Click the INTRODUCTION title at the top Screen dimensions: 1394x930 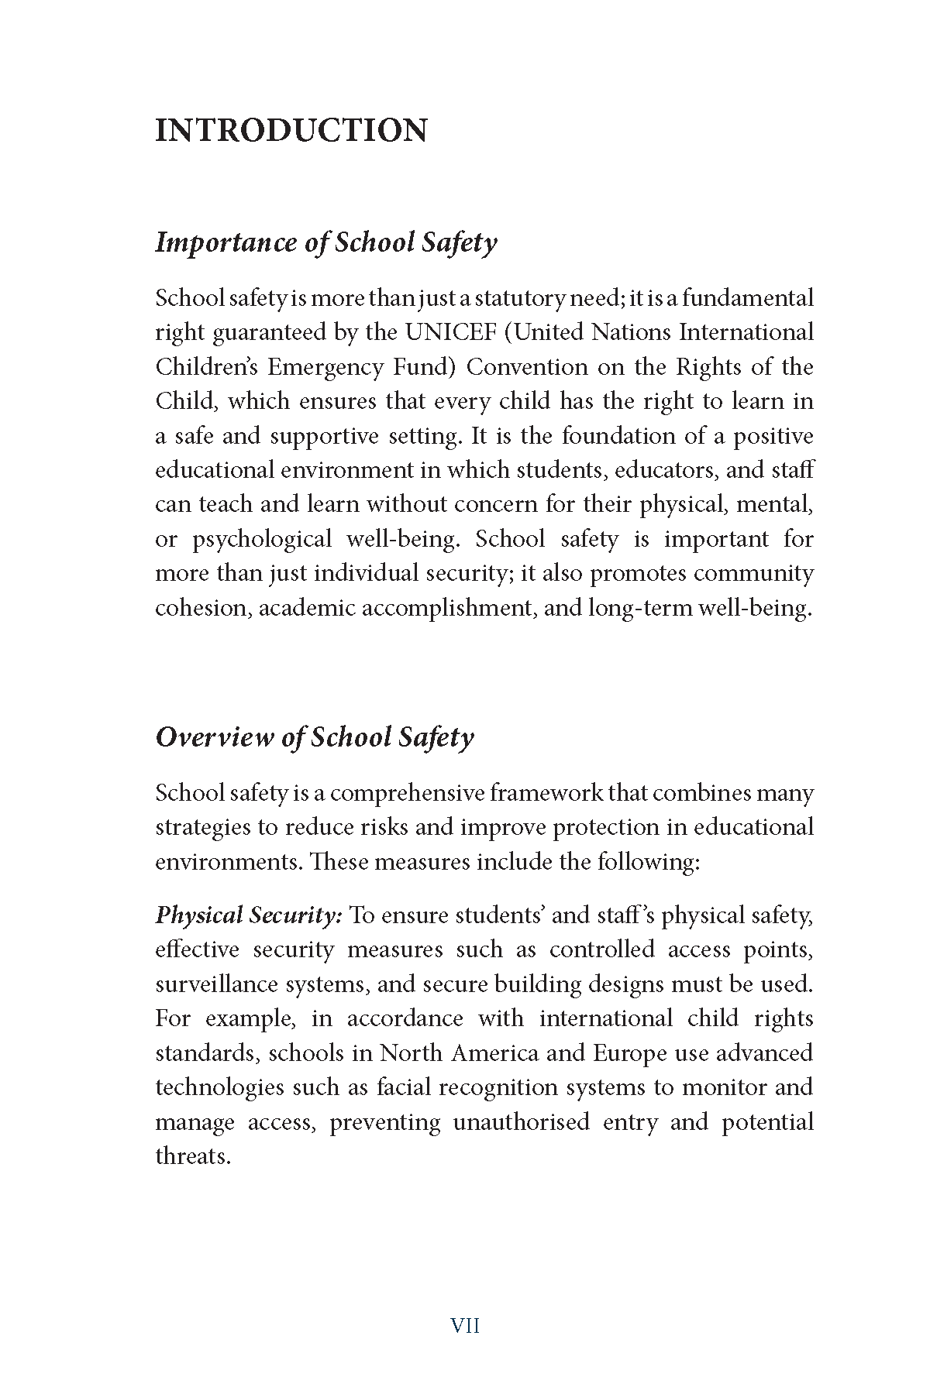tap(291, 130)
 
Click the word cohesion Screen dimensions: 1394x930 tap(203, 608)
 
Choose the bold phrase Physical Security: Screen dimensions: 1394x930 tap(249, 915)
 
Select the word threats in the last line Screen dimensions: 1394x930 tap(193, 1156)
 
